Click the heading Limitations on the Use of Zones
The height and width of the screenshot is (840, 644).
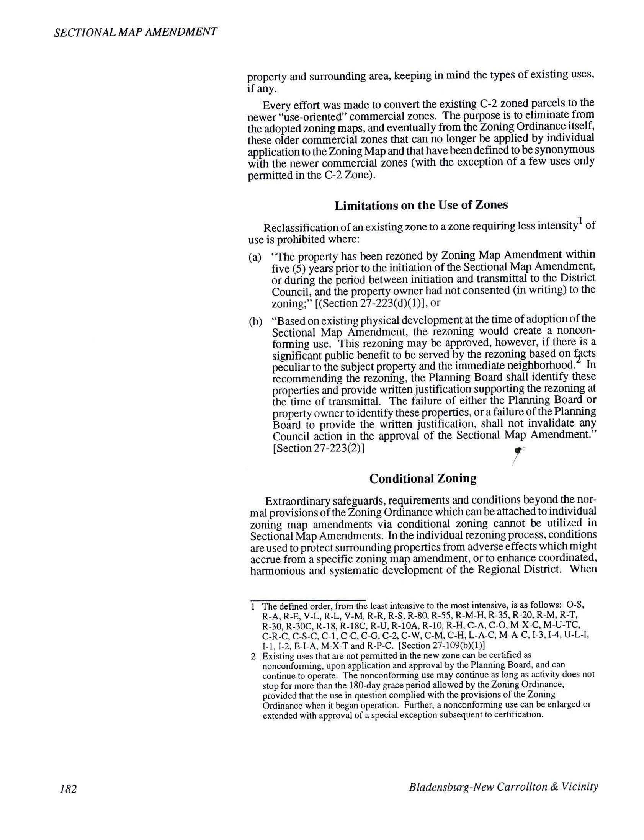pyautogui.click(x=421, y=205)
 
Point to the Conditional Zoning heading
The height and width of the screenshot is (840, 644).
pyautogui.click(x=423, y=478)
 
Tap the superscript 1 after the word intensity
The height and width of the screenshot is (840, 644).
pyautogui.click(x=581, y=221)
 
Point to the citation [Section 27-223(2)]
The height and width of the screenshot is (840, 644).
pyautogui.click(x=318, y=448)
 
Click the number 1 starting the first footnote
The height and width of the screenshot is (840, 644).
pyautogui.click(x=253, y=606)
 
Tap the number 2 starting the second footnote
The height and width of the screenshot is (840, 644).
pyautogui.click(x=253, y=656)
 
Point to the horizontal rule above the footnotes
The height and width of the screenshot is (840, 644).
pyautogui.click(x=308, y=600)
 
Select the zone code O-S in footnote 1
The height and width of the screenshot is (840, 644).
pyautogui.click(x=575, y=605)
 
